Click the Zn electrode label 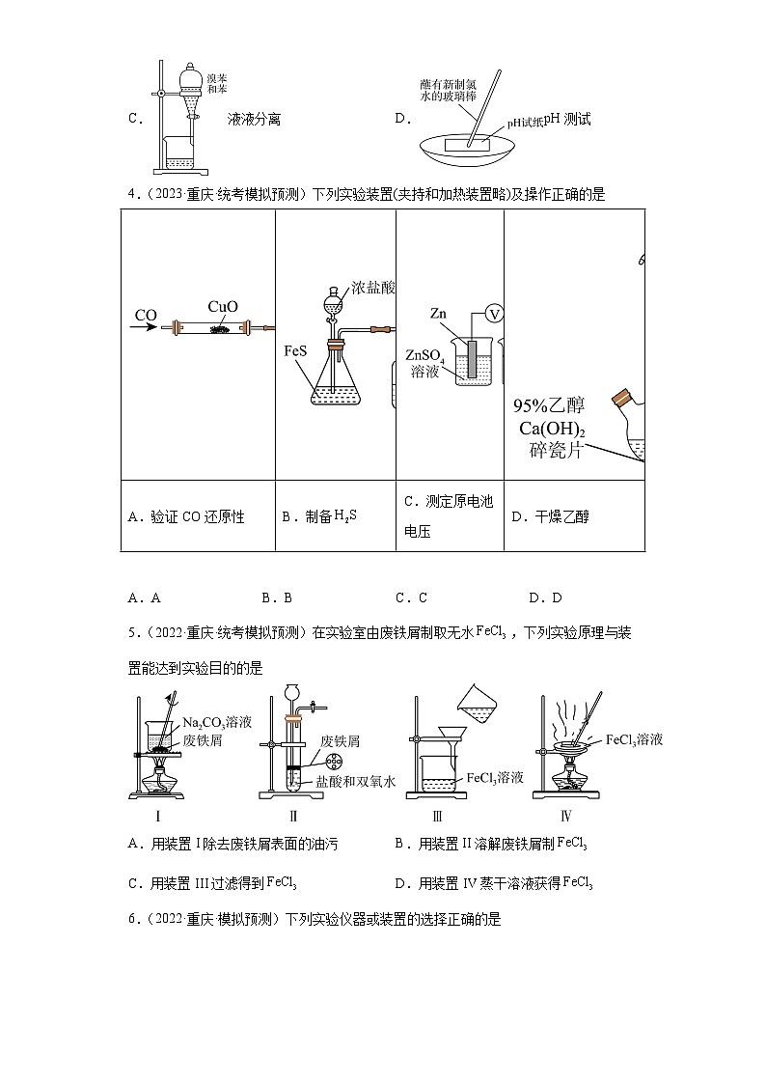tap(438, 313)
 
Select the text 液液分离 tap(254, 120)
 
